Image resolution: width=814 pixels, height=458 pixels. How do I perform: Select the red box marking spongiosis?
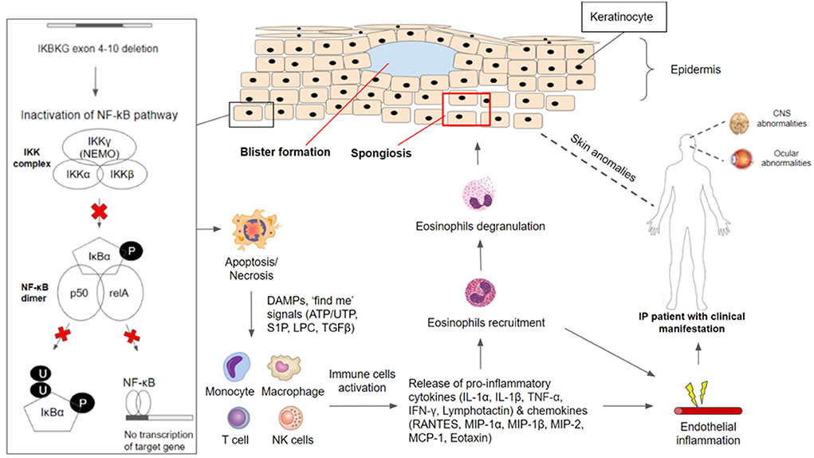[464, 109]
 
